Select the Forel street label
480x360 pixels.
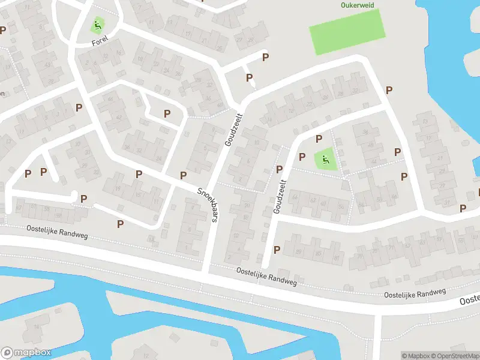101,43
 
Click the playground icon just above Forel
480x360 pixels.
97,26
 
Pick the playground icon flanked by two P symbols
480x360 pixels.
325,159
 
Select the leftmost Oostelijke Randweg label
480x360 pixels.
57,231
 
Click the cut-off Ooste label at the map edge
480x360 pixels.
469,299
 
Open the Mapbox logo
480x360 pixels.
26,353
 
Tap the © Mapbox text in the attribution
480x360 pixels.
415,356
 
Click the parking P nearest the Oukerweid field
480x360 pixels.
389,90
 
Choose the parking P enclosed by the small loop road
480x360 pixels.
167,113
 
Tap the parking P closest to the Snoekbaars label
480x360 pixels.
183,175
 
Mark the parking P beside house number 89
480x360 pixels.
277,250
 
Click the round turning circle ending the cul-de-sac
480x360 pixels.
74,195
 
